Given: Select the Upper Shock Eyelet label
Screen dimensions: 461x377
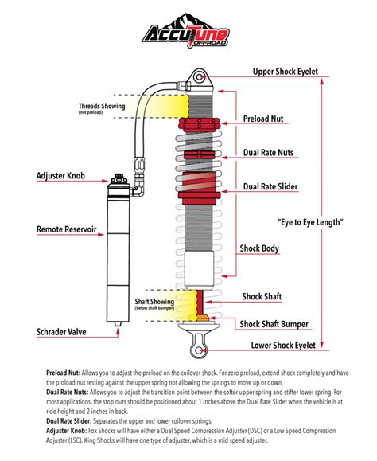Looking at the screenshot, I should (x=285, y=72).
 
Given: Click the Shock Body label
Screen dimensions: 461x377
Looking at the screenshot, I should (x=260, y=248).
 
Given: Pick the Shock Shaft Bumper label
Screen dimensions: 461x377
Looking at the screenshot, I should (x=275, y=323).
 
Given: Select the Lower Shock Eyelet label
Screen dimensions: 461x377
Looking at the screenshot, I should (x=285, y=346).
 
